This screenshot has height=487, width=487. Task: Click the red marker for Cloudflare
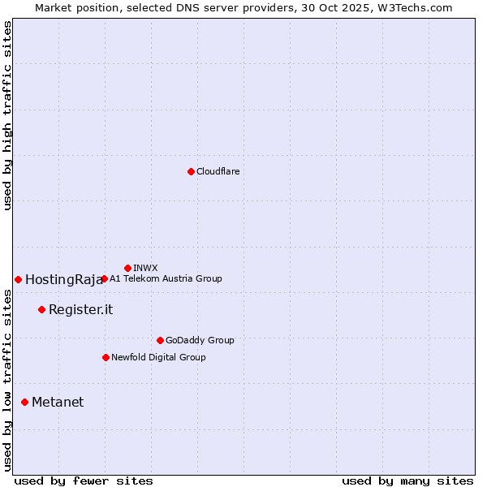[191, 171]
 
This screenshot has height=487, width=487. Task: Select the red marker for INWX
[127, 268]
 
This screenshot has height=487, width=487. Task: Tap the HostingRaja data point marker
[18, 279]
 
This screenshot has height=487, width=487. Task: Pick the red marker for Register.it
[41, 309]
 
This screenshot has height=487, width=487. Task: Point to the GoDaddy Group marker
[160, 340]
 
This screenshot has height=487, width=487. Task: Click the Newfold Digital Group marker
[106, 357]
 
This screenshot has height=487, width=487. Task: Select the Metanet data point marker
[24, 402]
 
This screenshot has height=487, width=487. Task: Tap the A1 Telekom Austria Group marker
[104, 278]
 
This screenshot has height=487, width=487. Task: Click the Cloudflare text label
[218, 171]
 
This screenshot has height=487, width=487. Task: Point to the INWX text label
[145, 268]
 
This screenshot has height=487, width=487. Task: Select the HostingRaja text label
[64, 279]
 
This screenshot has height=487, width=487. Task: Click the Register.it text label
[80, 309]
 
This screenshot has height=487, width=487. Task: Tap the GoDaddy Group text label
[200, 340]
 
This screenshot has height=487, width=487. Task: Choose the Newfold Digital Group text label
[158, 357]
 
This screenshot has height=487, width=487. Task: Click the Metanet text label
[58, 402]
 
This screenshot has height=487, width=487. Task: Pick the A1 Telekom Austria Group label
[166, 278]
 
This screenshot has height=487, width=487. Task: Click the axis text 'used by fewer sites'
[84, 481]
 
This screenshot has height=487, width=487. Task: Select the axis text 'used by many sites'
[407, 481]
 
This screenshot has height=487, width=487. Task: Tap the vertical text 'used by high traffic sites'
[7, 115]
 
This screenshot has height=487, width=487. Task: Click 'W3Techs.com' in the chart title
[419, 7]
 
